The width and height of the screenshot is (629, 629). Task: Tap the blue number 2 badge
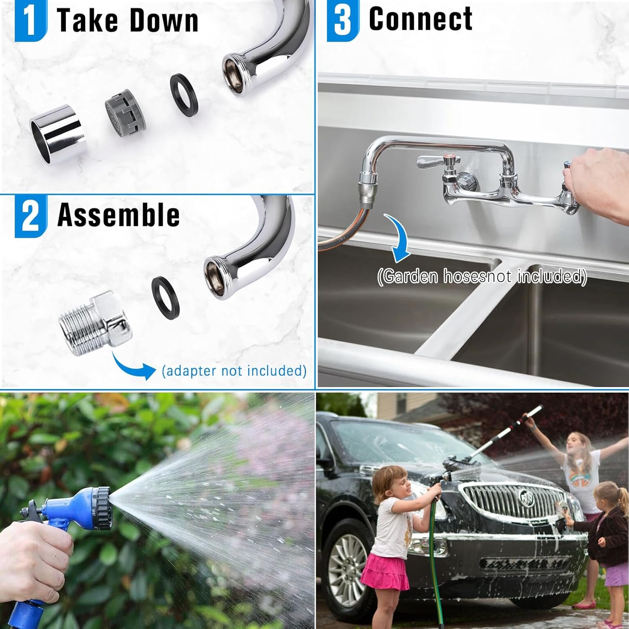click(31, 216)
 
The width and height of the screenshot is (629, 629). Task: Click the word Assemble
click(119, 215)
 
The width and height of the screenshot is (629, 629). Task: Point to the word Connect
click(421, 18)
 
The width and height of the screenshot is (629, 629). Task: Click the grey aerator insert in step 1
click(122, 115)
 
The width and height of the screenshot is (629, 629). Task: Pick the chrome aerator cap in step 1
click(56, 134)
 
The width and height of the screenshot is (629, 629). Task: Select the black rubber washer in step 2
click(166, 295)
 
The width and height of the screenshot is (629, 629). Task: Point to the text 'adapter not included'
click(234, 371)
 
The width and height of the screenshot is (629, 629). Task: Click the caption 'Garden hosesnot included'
click(482, 277)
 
